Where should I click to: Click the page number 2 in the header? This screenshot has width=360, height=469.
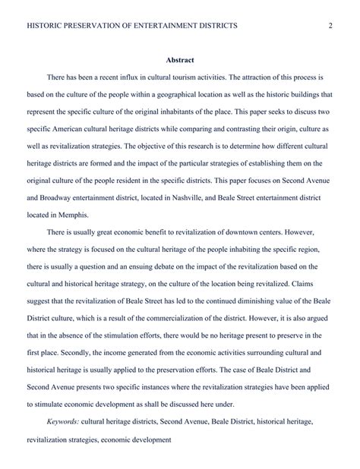pyautogui.click(x=331, y=26)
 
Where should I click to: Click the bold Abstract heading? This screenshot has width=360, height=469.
pyautogui.click(x=180, y=61)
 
